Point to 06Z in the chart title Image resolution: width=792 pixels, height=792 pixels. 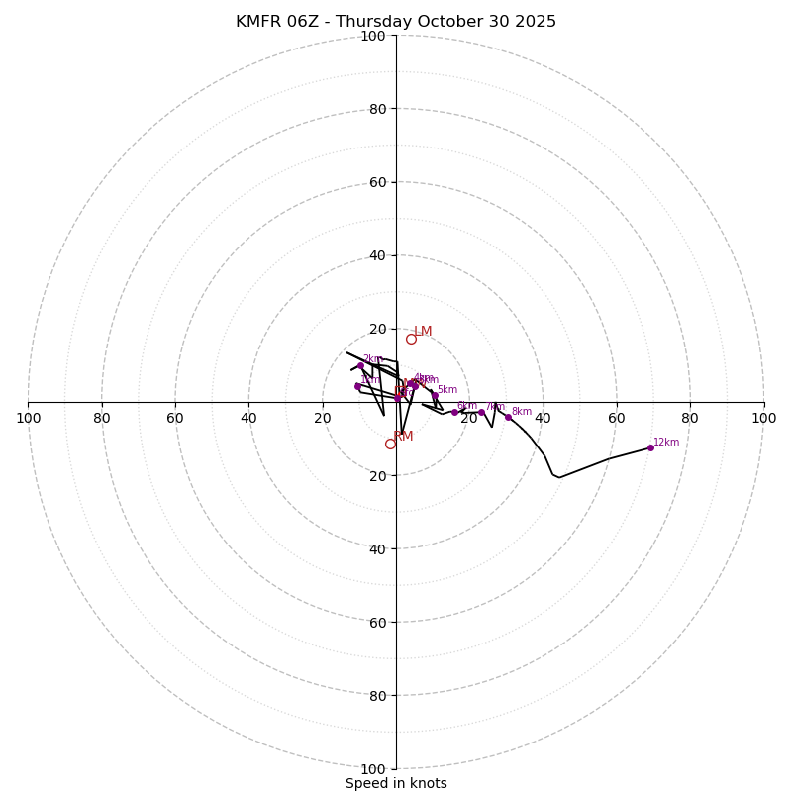point(303,22)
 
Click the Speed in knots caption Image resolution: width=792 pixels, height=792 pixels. point(396,783)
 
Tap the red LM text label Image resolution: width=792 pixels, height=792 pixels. point(423,332)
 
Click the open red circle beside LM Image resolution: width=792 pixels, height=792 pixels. point(411,339)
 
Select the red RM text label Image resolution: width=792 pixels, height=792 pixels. point(403,436)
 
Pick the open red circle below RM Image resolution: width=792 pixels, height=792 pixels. point(390,444)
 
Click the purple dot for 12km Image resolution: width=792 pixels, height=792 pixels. point(650,447)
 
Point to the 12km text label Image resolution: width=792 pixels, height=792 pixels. point(666,442)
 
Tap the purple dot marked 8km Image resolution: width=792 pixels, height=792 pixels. point(508,417)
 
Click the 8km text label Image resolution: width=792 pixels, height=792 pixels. point(522,411)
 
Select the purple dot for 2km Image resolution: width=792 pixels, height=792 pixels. point(360,365)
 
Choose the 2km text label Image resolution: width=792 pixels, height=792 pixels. point(373,359)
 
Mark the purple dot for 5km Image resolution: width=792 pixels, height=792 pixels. point(435,395)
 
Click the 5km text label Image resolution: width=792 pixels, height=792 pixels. point(447,389)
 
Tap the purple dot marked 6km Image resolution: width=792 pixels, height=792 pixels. point(454,412)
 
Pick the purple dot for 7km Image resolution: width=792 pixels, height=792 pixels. point(482,412)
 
